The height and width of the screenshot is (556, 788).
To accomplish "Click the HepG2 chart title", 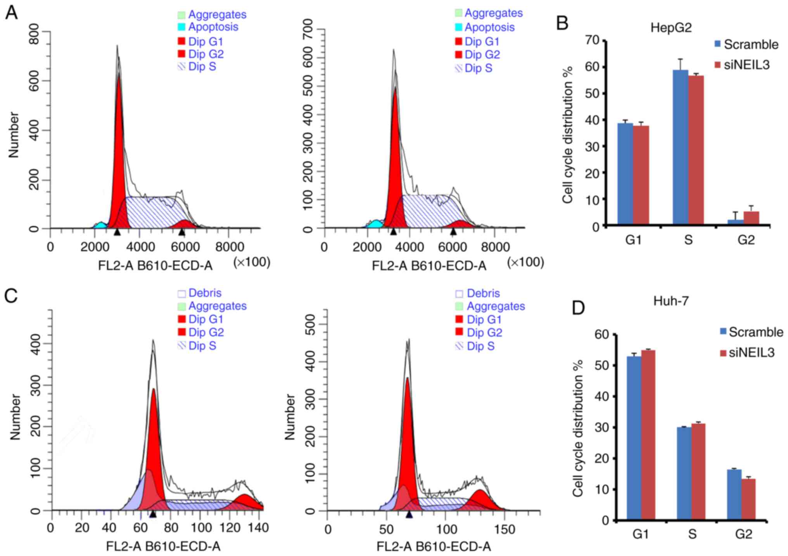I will point(671,28).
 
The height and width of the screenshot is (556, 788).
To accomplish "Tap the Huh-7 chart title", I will point(671,301).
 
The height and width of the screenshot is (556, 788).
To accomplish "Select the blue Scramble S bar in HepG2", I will point(680,147).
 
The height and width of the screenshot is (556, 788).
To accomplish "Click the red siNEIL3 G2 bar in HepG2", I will point(751,218).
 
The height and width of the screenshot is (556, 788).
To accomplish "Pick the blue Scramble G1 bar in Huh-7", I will point(634,438).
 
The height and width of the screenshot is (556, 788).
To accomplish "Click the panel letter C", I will point(11,296).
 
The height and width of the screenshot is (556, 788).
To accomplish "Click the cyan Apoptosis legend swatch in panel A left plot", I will point(181,27).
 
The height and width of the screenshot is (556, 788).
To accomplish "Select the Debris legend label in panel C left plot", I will point(205,293).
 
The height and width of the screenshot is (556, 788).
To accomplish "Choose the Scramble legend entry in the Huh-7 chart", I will point(751,332).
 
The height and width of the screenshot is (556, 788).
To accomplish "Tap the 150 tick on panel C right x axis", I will point(505,529).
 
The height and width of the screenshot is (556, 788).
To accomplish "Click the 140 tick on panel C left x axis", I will point(259,528).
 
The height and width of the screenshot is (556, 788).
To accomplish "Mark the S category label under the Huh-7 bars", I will point(692,534).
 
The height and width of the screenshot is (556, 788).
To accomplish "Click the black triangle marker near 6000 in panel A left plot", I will point(181,232).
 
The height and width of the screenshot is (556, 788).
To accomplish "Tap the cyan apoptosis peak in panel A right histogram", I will point(375,224).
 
